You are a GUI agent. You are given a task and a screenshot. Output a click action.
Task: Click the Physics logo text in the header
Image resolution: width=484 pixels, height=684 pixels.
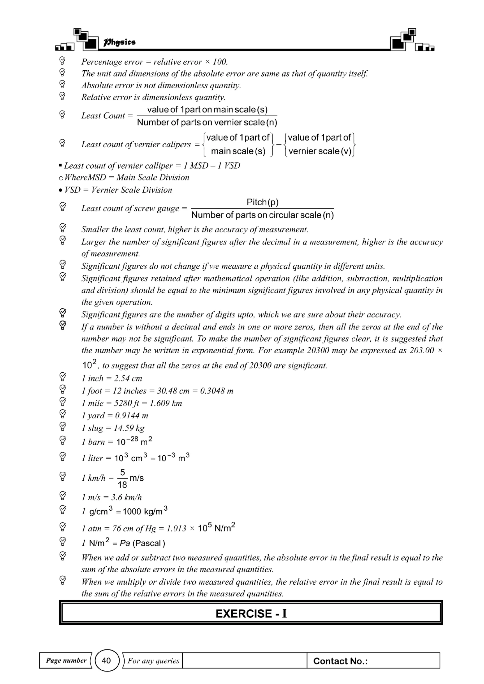point(119,42)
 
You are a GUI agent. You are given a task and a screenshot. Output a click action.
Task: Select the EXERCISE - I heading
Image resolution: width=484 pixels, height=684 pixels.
point(251,613)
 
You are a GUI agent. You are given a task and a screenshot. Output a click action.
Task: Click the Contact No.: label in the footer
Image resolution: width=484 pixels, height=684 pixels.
point(340,661)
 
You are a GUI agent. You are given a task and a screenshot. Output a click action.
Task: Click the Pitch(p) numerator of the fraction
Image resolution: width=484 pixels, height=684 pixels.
point(262,202)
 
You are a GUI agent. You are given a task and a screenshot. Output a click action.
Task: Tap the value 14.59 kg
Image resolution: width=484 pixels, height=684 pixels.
point(129,428)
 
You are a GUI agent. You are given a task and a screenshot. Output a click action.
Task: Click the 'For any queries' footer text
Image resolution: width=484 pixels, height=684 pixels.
point(153,661)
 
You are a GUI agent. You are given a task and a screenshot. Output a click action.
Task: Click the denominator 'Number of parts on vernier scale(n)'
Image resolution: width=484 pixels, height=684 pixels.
point(207,122)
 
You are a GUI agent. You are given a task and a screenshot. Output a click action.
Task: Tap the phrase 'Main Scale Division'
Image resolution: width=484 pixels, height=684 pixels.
point(153,178)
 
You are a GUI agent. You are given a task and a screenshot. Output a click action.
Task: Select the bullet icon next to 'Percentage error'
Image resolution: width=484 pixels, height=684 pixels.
point(62,60)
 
